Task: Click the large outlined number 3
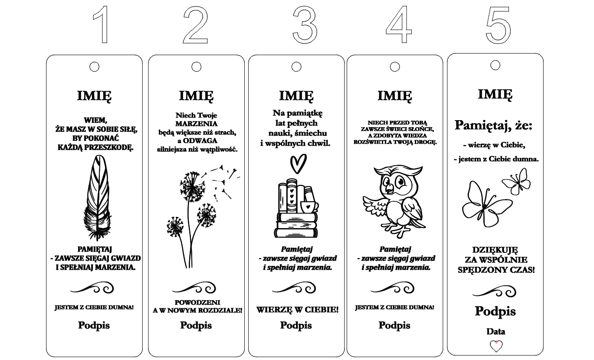pyautogui.click(x=305, y=25)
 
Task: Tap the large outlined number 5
pyautogui.click(x=498, y=25)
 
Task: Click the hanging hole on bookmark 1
pyautogui.click(x=95, y=67)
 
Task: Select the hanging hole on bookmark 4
pyautogui.click(x=395, y=67)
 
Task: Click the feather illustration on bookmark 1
pyautogui.click(x=97, y=197)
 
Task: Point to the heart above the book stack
pyautogui.click(x=299, y=164)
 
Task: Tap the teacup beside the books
pyautogui.click(x=309, y=207)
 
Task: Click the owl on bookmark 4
pyautogui.click(x=394, y=202)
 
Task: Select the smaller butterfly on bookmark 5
pyautogui.click(x=516, y=182)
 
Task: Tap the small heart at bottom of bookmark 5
pyautogui.click(x=496, y=346)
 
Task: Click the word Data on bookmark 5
pyautogui.click(x=496, y=331)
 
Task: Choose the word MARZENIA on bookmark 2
pyautogui.click(x=196, y=124)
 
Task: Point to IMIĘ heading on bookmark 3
pyautogui.click(x=296, y=96)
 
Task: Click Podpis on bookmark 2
pyautogui.click(x=196, y=326)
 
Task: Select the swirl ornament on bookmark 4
pyautogui.click(x=393, y=288)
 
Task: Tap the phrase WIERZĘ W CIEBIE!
pyautogui.click(x=297, y=310)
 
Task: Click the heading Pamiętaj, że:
pyautogui.click(x=493, y=125)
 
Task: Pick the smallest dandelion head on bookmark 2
pyautogui.click(x=175, y=226)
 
